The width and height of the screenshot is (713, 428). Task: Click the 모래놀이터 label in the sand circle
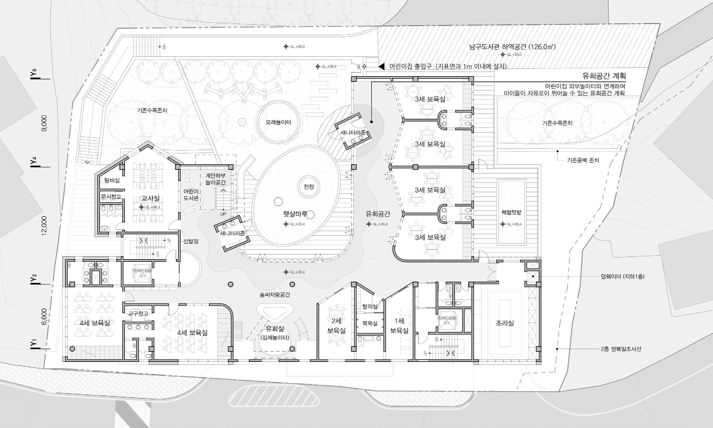[x=278, y=122]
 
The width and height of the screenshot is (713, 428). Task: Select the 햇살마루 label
[x=295, y=214]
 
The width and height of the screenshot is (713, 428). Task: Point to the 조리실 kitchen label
[x=505, y=323]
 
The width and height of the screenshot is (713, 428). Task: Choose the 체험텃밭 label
[x=511, y=212]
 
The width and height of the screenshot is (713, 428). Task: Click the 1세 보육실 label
[x=399, y=326]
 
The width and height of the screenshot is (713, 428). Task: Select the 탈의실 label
[x=370, y=306]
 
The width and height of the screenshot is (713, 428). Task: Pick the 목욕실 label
[x=370, y=323]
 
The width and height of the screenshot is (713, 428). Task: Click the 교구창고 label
[x=138, y=314]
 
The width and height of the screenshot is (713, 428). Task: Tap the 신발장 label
[x=191, y=241]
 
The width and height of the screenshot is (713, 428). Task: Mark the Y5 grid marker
[x=34, y=73]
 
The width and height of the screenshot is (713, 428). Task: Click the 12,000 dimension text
[x=44, y=226]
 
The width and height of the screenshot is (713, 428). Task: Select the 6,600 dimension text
[x=44, y=316]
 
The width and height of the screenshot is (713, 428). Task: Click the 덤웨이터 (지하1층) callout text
[x=622, y=276]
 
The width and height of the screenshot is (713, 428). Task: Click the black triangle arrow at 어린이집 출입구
[x=382, y=66]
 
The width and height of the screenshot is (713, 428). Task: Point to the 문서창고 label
[x=111, y=197]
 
